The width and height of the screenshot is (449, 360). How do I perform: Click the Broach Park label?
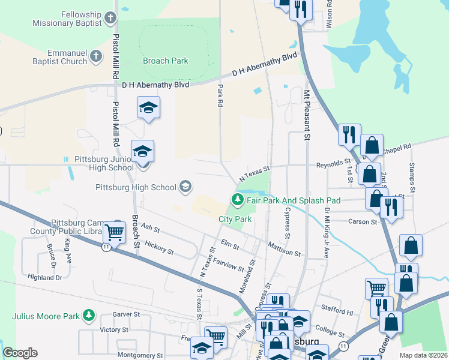(x=166, y=61)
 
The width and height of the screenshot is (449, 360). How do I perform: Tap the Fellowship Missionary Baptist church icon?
(x=110, y=18)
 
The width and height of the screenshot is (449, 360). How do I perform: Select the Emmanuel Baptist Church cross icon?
(x=96, y=58)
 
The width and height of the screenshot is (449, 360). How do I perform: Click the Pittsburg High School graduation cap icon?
(x=185, y=187)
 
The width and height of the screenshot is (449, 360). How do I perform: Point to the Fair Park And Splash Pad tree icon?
(x=238, y=199)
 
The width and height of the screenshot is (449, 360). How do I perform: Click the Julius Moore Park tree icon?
(x=89, y=315)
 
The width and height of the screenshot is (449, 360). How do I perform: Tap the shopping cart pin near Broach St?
(x=113, y=232)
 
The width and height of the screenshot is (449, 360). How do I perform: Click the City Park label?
(x=235, y=220)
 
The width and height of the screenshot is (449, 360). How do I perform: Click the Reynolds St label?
(x=333, y=163)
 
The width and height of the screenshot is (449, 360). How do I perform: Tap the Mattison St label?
(x=284, y=249)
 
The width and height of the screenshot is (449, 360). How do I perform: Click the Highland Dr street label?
(x=45, y=277)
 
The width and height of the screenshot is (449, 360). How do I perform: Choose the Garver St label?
(x=127, y=314)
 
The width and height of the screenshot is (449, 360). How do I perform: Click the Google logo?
(x=20, y=353)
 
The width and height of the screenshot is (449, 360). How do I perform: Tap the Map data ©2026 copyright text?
(x=423, y=355)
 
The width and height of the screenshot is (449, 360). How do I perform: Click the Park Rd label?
(x=220, y=95)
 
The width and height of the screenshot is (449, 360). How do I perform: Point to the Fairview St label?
(x=229, y=265)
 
